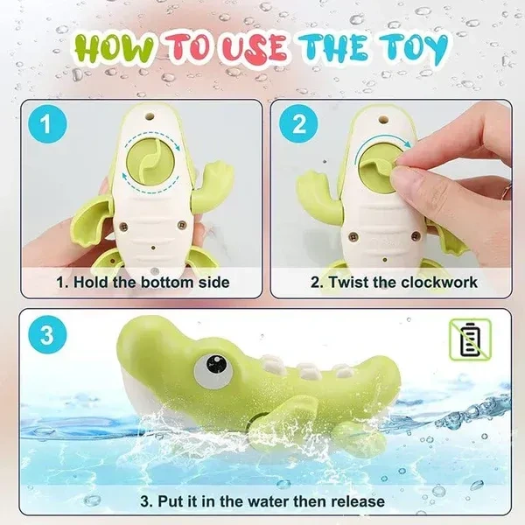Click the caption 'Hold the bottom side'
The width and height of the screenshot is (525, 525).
[141, 282]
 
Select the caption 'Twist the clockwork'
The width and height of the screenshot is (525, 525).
[394, 282]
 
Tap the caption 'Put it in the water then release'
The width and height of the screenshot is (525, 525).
[262, 501]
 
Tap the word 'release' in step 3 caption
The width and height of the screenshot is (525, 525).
[358, 501]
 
